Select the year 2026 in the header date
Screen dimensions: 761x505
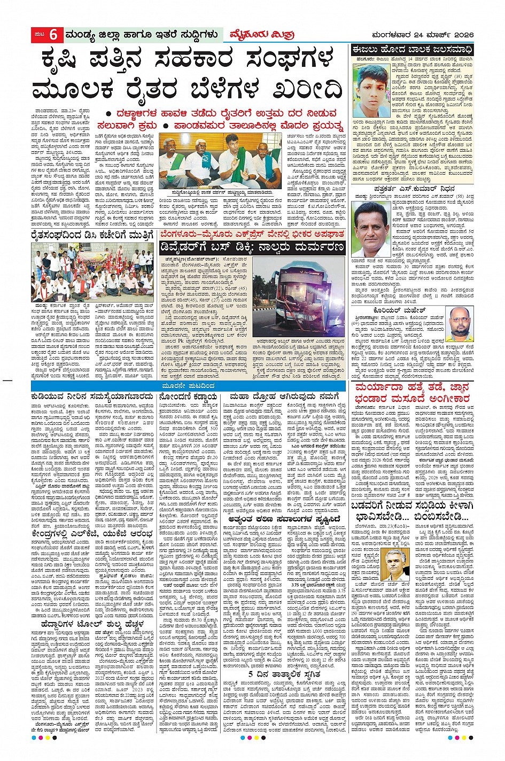[461, 35]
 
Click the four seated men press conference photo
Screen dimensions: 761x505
[220, 160]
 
